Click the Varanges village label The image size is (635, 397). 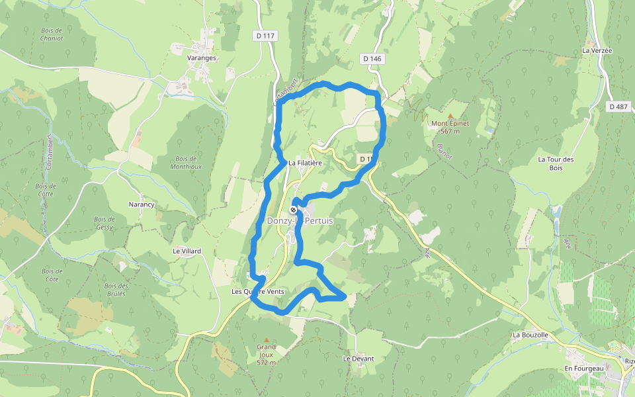(202, 58)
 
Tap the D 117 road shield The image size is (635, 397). (264, 35)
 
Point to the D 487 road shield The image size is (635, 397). (618, 106)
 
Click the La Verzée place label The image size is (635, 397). (597, 50)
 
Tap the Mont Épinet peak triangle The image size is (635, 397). (450, 115)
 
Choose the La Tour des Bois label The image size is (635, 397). (555, 163)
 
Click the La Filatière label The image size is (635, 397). (304, 163)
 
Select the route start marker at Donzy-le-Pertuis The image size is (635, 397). (293, 210)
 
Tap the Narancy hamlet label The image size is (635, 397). (141, 204)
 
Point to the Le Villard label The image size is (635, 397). (187, 251)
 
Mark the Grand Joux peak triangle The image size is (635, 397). (267, 339)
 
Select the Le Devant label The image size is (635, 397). (358, 359)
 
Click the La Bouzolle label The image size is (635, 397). (530, 335)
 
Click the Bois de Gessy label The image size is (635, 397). (105, 223)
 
